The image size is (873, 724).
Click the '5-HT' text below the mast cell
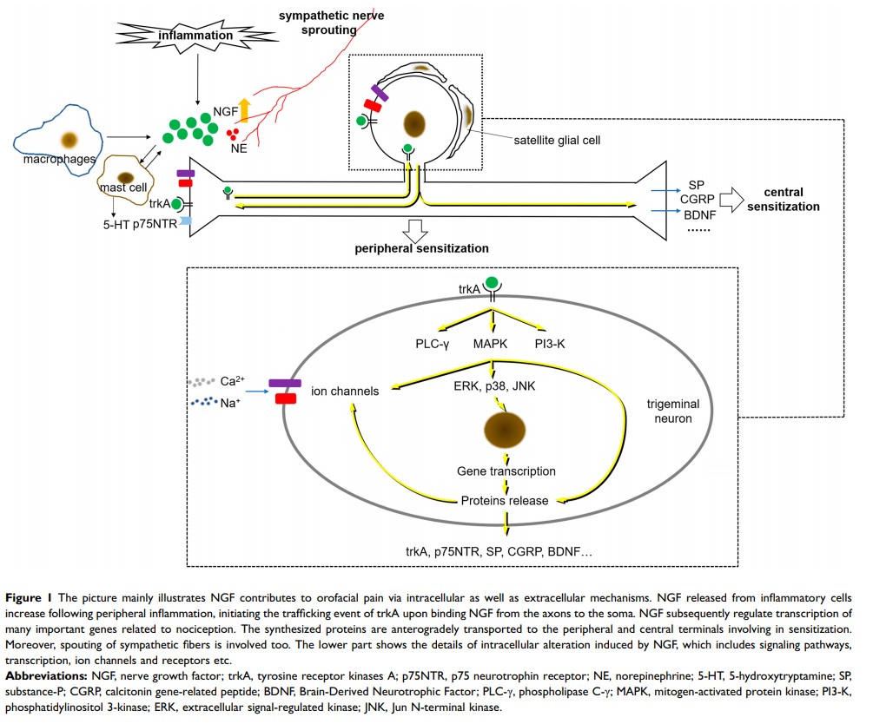[x=115, y=223]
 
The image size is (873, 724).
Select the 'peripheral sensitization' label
[x=421, y=248]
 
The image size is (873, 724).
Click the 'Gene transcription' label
[x=506, y=471]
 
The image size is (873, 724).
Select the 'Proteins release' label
[x=505, y=500]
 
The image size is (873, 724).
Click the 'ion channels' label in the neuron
[x=346, y=392]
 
